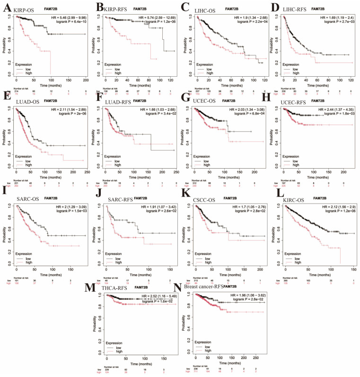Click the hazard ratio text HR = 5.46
pos(64,17)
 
